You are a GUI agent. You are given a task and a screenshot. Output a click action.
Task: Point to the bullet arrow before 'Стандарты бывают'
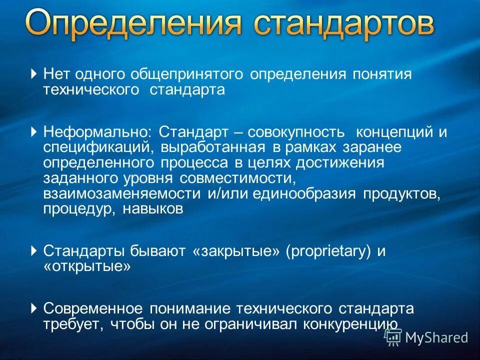33,250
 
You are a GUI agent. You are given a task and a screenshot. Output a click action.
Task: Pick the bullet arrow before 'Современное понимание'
33,308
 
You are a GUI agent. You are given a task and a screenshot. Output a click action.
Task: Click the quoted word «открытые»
87,266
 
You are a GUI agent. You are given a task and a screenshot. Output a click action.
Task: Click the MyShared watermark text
436,337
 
